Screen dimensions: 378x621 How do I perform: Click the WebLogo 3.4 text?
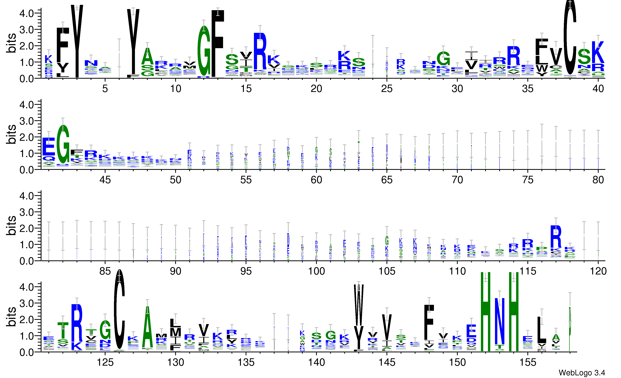point(581,373)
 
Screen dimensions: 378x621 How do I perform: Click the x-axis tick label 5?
point(105,89)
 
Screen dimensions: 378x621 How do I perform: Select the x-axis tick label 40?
point(598,89)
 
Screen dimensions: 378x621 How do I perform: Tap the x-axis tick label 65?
point(387,180)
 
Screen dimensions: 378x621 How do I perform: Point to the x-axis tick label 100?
point(316,271)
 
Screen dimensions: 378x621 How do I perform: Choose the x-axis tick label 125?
point(105,362)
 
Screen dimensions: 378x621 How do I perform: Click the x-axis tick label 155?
point(528,362)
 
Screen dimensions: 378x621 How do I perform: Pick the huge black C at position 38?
point(570,38)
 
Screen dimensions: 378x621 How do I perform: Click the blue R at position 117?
point(556,237)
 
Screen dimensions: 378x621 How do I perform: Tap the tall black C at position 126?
point(119,310)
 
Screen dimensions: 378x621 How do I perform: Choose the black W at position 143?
point(359,305)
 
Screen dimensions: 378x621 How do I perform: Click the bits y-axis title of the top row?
point(11,43)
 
